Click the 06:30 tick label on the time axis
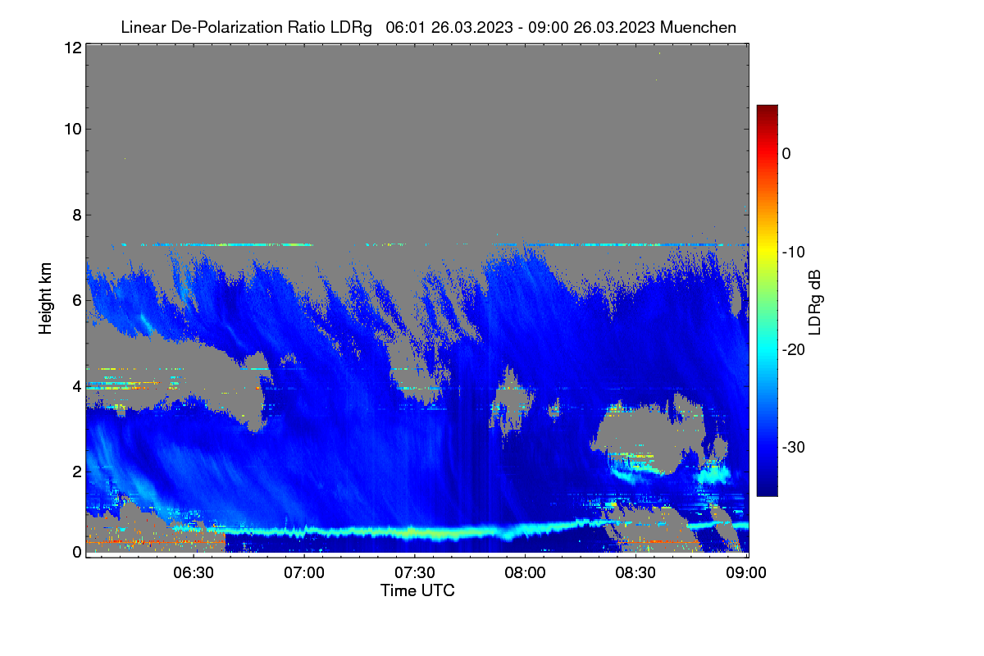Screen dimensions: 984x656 194,572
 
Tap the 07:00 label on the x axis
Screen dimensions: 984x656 304,572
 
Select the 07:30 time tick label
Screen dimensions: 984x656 415,572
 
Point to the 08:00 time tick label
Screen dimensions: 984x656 525,572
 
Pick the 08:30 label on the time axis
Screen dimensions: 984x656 635,572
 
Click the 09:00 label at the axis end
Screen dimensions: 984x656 746,572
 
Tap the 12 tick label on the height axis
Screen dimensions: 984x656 73,48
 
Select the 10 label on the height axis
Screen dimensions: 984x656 73,130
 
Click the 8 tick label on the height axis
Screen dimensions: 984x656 77,216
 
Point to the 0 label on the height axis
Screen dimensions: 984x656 77,553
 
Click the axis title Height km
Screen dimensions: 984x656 45,298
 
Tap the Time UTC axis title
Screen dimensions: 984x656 417,590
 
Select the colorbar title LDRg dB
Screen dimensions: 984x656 814,303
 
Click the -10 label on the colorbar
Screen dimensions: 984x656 794,253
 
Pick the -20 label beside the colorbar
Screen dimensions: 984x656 794,350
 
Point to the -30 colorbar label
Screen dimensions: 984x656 794,447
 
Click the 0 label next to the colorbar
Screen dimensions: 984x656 786,154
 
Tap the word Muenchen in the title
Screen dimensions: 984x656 698,28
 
